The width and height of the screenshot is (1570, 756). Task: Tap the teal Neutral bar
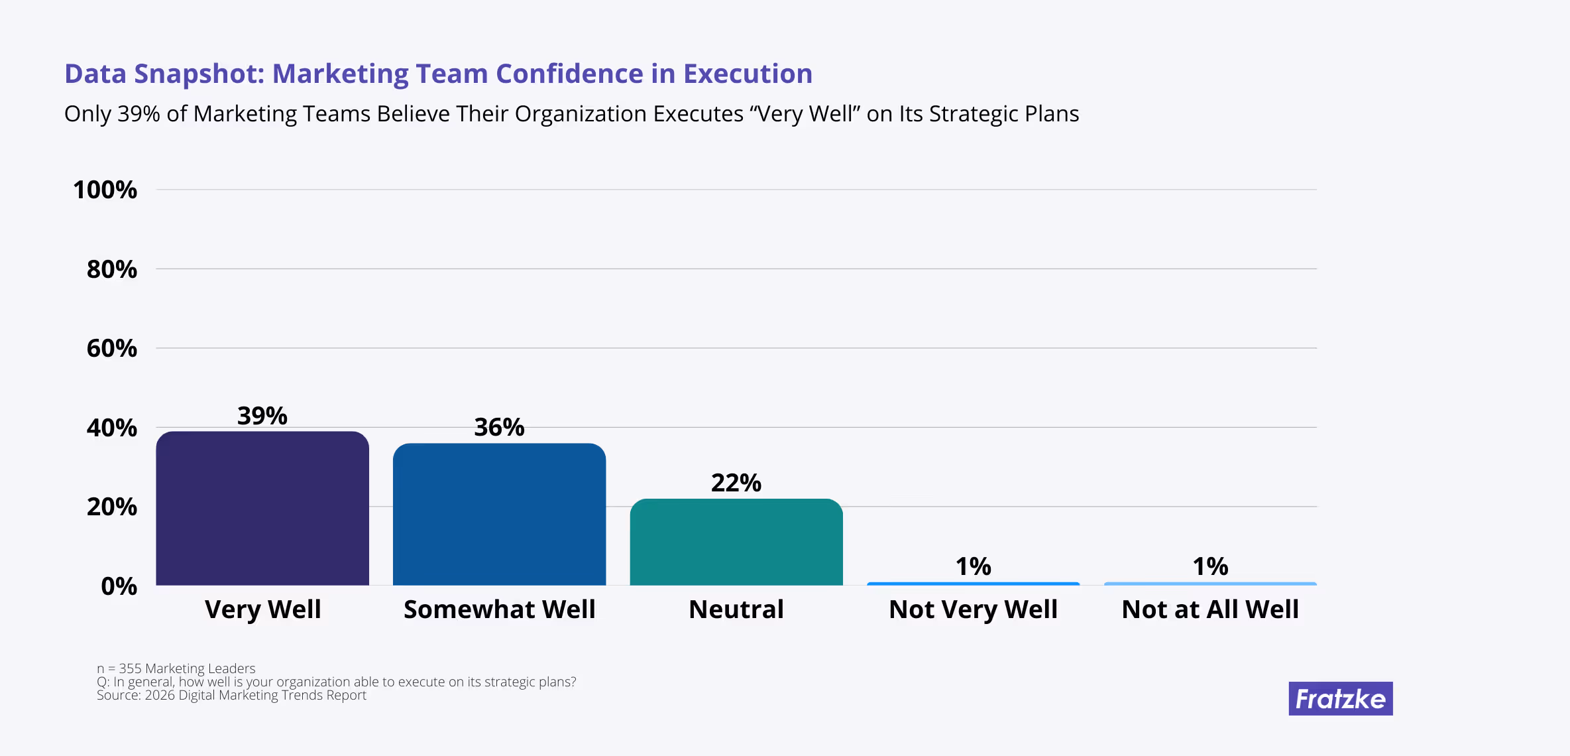click(x=736, y=542)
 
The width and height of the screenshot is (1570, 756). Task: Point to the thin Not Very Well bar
click(x=973, y=584)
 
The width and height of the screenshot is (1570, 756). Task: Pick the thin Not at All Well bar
click(x=1210, y=584)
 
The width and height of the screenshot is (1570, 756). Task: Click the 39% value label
click(x=262, y=416)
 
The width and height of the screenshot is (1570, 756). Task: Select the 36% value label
click(x=499, y=427)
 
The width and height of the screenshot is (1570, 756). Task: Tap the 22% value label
click(x=736, y=483)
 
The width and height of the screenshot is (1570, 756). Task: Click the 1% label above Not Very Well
click(x=973, y=566)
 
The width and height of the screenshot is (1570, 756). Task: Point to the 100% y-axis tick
click(x=105, y=190)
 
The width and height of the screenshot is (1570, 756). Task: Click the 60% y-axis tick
click(x=112, y=349)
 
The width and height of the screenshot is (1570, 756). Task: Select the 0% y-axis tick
click(x=119, y=586)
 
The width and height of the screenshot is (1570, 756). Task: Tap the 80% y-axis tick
click(x=112, y=269)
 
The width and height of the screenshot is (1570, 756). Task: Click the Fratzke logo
click(x=1340, y=698)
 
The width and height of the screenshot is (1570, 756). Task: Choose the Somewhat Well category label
click(x=499, y=609)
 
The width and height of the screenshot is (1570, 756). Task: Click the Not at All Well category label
click(x=1210, y=609)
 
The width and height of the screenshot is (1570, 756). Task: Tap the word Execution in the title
click(x=748, y=74)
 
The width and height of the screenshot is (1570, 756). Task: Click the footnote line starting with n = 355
click(x=176, y=668)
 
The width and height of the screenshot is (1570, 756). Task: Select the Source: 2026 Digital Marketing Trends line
click(x=231, y=695)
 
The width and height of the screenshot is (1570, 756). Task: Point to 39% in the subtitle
click(x=139, y=114)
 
